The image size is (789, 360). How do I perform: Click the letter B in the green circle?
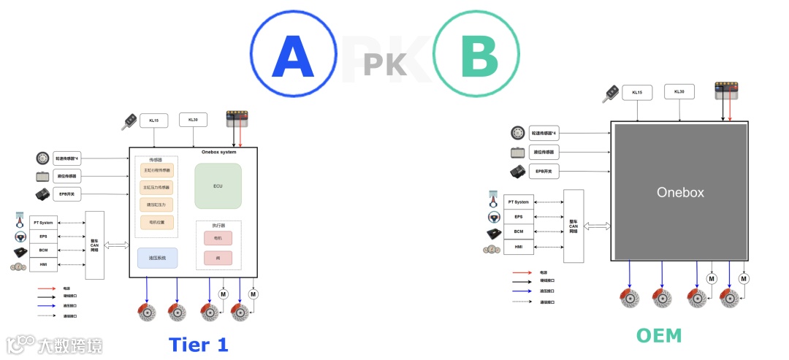(x=479, y=57)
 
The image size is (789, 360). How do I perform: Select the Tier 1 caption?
(x=198, y=344)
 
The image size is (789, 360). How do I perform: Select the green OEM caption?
(x=658, y=335)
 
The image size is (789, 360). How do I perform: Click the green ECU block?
(x=218, y=185)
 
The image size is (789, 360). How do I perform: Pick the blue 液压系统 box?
(x=157, y=258)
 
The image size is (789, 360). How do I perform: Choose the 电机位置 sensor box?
(x=156, y=222)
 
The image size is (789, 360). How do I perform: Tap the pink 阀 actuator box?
(x=218, y=258)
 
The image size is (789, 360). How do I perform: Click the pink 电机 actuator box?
(x=218, y=238)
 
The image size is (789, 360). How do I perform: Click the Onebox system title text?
(x=218, y=152)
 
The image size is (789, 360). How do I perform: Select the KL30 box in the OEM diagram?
(x=679, y=92)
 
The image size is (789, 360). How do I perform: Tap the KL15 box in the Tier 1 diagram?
(x=154, y=120)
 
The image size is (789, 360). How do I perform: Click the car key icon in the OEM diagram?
(x=610, y=93)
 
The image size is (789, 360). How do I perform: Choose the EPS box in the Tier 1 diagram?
(x=43, y=236)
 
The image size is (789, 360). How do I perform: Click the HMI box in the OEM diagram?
(x=519, y=247)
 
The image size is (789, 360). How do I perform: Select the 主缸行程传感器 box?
(x=156, y=171)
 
